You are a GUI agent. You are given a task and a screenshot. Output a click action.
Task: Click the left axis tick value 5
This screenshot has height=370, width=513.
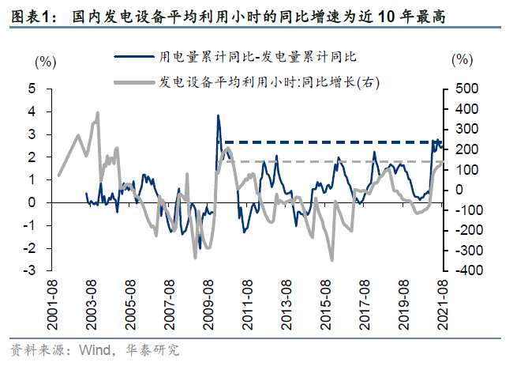pos(32,89)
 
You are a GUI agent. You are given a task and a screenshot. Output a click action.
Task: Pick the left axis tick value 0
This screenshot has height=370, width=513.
pos(32,202)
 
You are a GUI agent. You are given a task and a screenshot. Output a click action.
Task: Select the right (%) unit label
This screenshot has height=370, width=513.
pos(462,60)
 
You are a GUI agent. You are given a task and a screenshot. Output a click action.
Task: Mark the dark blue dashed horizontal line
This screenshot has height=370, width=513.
pos(331,142)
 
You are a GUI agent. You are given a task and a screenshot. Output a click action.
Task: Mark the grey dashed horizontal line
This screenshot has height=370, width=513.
pos(331,161)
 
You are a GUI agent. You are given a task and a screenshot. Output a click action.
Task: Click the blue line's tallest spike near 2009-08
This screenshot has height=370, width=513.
pos(218,116)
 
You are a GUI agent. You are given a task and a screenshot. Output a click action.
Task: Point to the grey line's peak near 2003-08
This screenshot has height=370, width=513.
pos(97,113)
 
